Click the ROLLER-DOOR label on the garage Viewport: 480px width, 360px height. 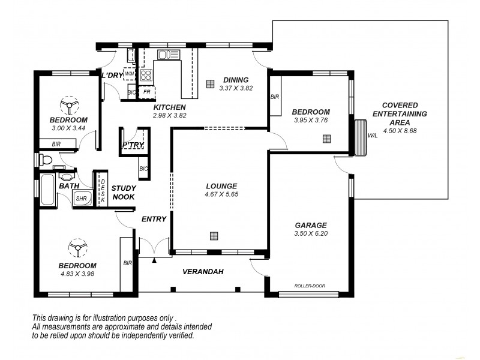point(310,286)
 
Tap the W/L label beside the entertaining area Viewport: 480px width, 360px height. point(373,136)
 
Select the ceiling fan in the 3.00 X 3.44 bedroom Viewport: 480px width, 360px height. point(69,106)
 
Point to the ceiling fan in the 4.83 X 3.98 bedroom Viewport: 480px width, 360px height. point(77,248)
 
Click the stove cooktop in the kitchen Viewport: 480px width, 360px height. point(146,75)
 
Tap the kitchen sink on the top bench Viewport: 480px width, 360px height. point(169,55)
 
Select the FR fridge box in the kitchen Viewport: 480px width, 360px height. point(146,92)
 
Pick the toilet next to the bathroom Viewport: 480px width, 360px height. point(45,160)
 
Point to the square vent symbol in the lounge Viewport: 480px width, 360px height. point(214,236)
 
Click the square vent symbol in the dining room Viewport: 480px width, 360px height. point(210,84)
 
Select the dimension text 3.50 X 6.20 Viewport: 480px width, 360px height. point(310,233)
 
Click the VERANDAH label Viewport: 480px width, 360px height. point(203,272)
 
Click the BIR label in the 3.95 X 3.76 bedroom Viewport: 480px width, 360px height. point(275,97)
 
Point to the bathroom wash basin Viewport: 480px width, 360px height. point(66,177)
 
